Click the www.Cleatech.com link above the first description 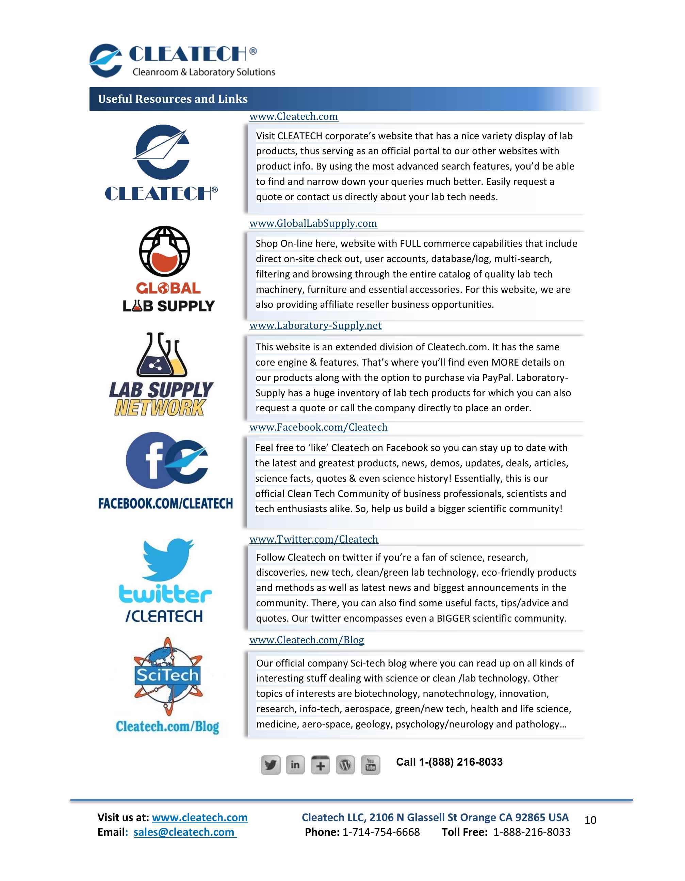(294, 116)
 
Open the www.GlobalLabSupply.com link (313, 223)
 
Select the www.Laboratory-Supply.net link (315, 325)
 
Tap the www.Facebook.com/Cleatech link (319, 427)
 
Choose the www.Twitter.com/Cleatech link (314, 539)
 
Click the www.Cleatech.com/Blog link (306, 640)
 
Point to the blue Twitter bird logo (168, 559)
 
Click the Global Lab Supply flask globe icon (164, 251)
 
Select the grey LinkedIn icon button (295, 765)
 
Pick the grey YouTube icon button (370, 765)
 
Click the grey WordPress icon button (345, 765)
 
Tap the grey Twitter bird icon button (270, 765)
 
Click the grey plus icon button (320, 765)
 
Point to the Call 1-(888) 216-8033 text (449, 762)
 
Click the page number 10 (590, 820)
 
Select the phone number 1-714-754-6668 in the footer (380, 832)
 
